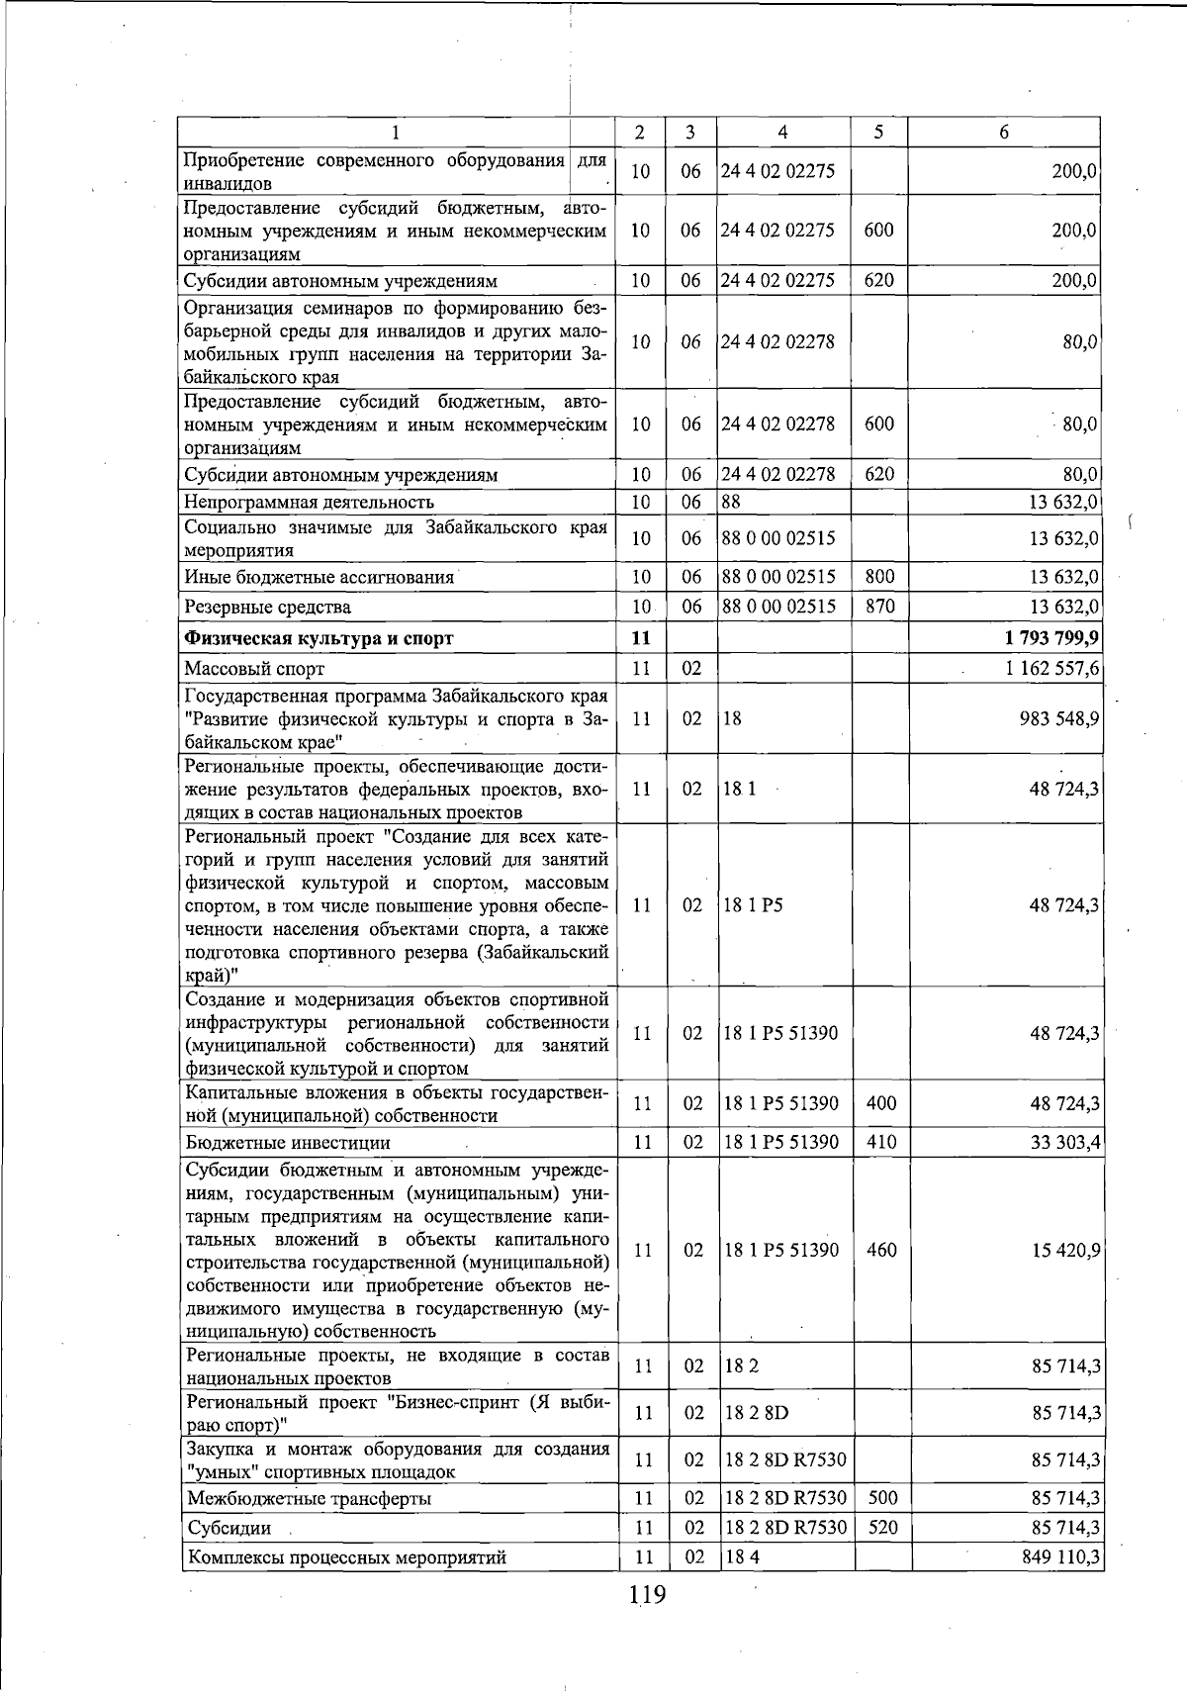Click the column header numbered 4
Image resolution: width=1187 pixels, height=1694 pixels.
click(782, 133)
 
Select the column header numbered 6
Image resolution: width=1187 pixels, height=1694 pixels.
click(1003, 133)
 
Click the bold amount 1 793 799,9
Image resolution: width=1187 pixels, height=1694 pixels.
click(1051, 637)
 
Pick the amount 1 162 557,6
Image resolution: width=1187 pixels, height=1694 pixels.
click(1051, 669)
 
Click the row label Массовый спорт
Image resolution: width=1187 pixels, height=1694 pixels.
click(254, 669)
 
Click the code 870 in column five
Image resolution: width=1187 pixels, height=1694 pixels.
click(879, 607)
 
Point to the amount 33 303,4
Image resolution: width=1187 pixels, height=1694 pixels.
click(1064, 1143)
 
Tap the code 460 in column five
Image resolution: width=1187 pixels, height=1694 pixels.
click(880, 1250)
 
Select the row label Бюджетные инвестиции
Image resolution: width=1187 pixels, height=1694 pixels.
click(288, 1143)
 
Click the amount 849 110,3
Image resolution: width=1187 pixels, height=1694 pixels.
click(1059, 1557)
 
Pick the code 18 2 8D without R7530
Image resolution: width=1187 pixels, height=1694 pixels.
click(756, 1412)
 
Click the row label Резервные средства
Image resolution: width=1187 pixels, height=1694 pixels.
click(268, 607)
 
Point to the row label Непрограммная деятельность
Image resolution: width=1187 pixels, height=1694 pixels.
click(309, 503)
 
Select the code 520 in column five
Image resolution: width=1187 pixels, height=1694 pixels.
click(881, 1528)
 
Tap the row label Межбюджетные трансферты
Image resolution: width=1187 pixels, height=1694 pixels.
click(309, 1498)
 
